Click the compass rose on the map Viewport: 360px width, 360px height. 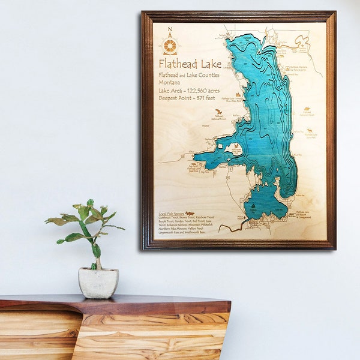[170, 46]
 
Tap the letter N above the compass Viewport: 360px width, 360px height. [170, 30]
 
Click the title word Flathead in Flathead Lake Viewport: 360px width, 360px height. [176, 64]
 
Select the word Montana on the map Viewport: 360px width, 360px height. [169, 83]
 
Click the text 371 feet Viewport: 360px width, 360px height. [204, 98]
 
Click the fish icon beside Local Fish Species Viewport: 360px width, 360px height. [190, 213]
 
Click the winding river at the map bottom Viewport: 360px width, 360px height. [231, 227]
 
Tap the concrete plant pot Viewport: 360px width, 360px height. [98, 282]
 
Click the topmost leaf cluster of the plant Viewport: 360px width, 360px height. [90, 203]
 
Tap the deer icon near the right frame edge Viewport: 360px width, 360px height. [310, 130]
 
